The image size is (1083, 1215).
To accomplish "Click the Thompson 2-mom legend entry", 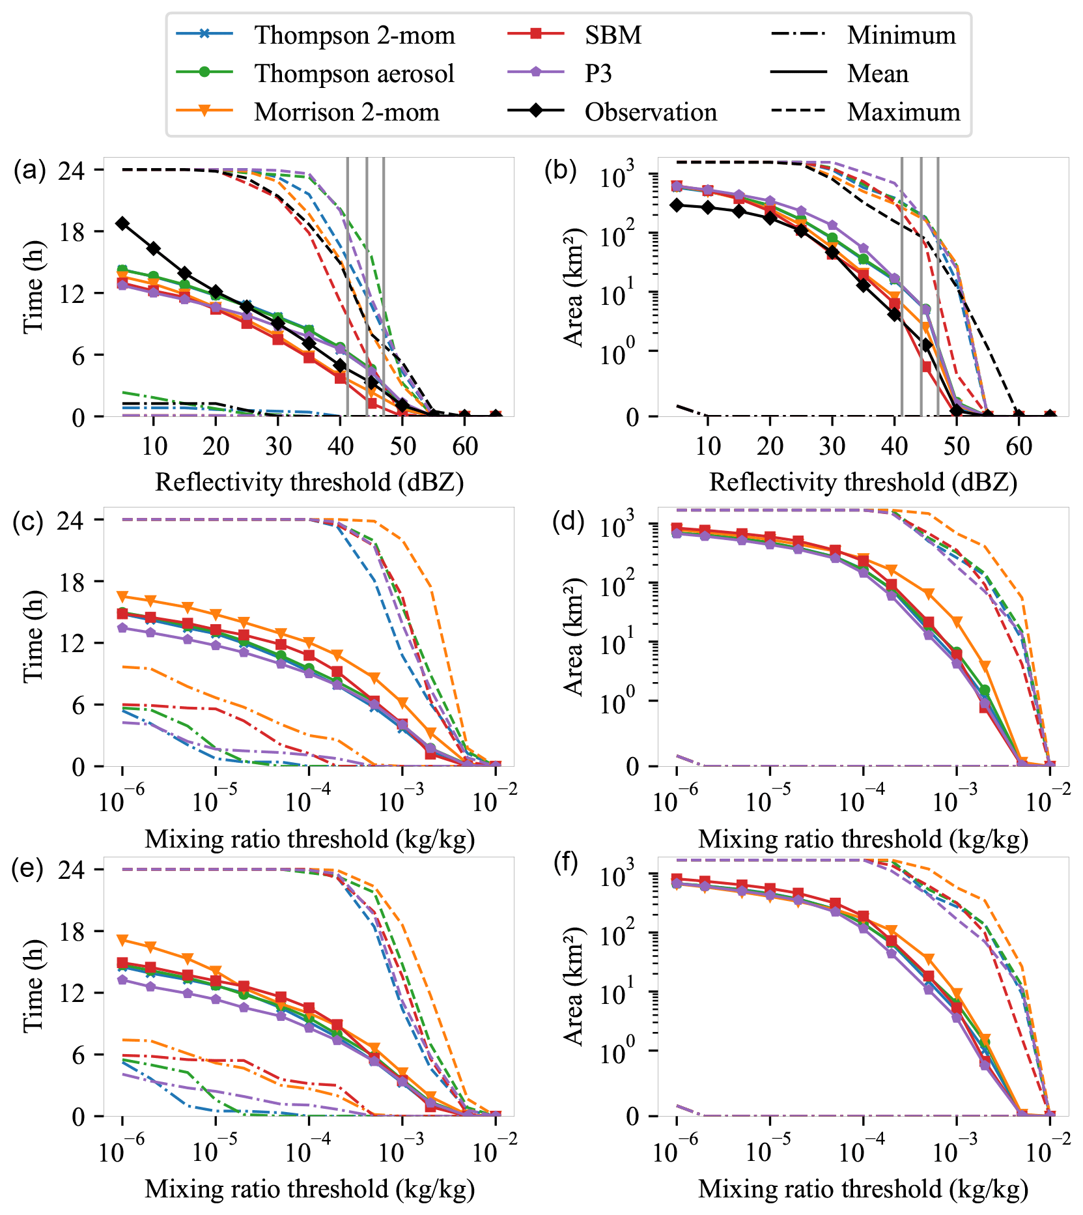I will [354, 35].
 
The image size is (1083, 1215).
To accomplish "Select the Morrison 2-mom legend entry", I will [346, 112].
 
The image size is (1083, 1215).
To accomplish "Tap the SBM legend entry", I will [612, 35].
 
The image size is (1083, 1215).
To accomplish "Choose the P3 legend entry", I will [598, 74].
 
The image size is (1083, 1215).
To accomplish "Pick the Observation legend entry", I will [650, 112].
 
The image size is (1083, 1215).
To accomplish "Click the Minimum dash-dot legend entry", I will [901, 35].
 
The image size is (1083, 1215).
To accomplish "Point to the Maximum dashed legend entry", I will [903, 112].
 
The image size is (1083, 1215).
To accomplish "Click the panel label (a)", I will [29, 171].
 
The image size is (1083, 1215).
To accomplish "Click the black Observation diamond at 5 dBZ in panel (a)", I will [122, 223].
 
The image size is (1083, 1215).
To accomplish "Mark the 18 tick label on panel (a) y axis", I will [71, 232].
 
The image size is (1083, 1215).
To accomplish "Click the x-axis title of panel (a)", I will [309, 483].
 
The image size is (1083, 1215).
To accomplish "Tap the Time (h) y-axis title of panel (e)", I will [33, 986].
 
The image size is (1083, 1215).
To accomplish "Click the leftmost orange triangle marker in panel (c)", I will [122, 596].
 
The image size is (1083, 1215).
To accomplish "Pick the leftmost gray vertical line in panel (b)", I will [902, 287].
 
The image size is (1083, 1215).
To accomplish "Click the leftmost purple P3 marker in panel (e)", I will [122, 980].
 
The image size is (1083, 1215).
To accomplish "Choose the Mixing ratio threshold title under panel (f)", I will [863, 1189].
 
